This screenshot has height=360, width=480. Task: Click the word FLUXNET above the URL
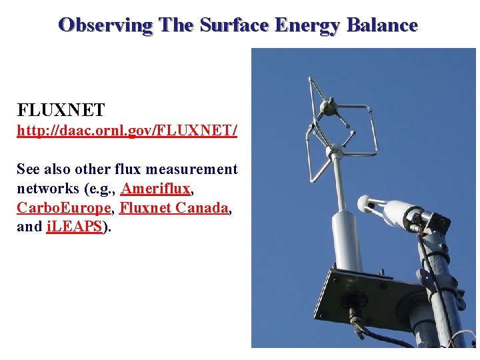point(61,109)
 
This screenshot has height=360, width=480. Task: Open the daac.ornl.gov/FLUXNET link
point(127,131)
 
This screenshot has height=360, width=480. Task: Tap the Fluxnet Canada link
point(174,207)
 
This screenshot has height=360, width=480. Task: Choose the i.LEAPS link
point(74,226)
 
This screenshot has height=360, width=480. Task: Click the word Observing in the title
point(105,25)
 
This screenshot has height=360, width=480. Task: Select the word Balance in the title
point(381,25)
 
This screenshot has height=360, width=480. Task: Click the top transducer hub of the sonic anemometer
point(328,105)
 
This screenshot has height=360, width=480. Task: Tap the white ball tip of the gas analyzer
point(365,203)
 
